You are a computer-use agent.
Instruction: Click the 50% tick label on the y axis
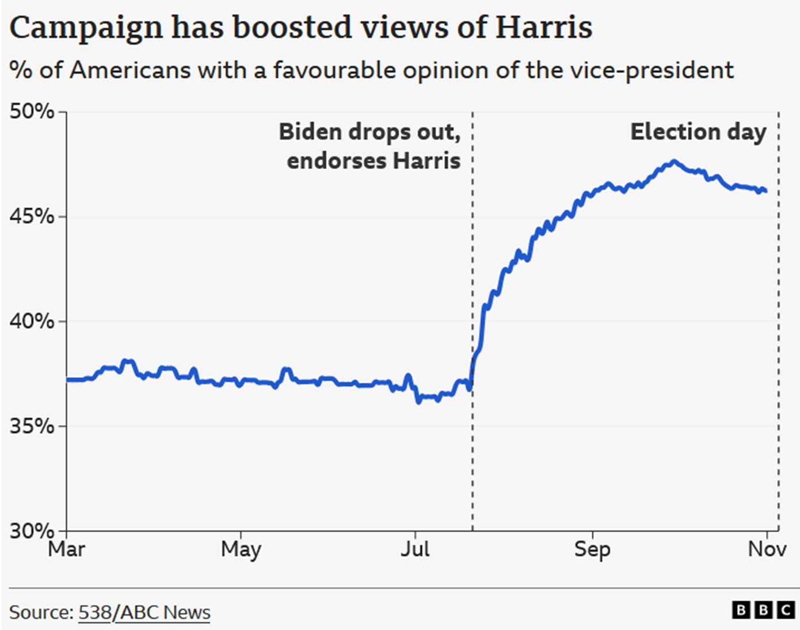31,111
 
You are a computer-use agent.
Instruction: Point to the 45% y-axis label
31,216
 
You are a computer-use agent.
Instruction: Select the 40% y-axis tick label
31,321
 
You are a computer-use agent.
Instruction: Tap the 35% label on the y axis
31,426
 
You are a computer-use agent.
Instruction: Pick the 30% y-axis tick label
31,530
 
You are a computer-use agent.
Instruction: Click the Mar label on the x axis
67,549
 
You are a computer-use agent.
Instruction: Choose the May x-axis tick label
241,549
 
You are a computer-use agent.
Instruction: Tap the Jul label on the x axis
415,549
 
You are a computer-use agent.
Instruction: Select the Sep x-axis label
592,549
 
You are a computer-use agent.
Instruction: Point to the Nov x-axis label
767,549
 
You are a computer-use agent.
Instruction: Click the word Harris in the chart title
544,27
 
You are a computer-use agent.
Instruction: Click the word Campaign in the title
86,28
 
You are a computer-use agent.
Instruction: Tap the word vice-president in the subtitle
652,70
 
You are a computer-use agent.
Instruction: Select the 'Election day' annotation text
698,132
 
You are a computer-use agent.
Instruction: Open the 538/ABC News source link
144,612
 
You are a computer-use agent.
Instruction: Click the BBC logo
763,610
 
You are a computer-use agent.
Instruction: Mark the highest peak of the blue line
674,162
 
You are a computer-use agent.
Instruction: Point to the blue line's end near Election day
765,191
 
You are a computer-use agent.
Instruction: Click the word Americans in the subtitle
130,70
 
